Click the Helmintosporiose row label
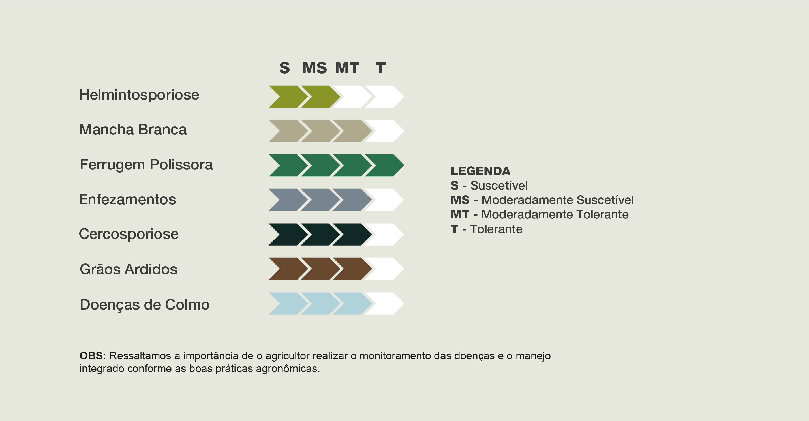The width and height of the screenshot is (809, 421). coord(139,95)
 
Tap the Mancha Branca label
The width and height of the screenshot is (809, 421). coord(133,129)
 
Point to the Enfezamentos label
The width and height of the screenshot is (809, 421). coord(127,199)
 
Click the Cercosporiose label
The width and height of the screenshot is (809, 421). coord(129,234)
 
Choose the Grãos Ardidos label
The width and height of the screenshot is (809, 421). coord(129,269)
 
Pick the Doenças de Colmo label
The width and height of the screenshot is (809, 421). coord(144,305)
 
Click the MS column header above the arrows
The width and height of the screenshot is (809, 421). coord(314,68)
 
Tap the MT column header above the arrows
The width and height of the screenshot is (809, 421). coord(347,68)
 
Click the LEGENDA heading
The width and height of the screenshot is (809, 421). coord(480,171)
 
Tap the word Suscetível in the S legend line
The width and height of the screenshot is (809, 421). coord(499,186)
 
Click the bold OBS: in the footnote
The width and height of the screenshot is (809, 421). coord(93,356)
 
